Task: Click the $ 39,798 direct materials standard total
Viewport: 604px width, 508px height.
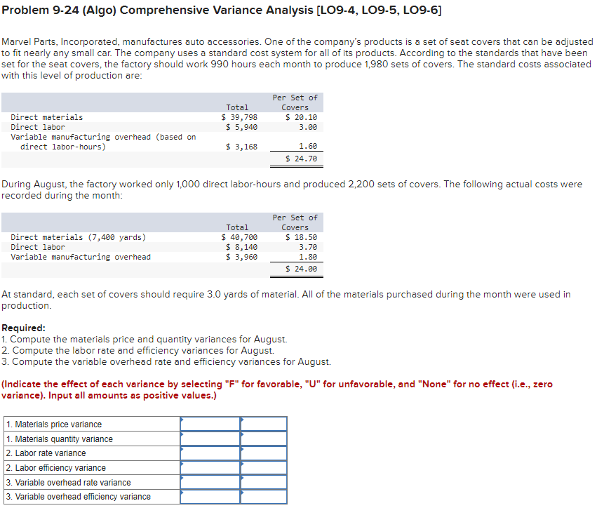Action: [239, 117]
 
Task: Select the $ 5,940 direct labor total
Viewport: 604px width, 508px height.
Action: [241, 127]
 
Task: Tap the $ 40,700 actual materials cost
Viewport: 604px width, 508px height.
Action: [239, 237]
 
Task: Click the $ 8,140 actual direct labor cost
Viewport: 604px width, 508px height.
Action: [241, 247]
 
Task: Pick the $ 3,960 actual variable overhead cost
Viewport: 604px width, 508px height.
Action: [241, 257]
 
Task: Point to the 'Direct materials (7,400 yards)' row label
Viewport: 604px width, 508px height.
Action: [79, 237]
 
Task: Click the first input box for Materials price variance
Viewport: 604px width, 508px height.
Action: [210, 424]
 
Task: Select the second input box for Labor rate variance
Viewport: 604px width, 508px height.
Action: [264, 453]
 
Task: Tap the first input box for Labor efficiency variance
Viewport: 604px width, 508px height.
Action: [210, 468]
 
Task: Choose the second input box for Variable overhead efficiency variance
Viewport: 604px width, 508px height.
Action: [264, 497]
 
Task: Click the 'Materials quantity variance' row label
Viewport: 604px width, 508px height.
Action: [59, 439]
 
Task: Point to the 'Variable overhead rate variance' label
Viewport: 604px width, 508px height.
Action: [68, 483]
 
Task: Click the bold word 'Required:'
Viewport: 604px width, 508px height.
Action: [24, 328]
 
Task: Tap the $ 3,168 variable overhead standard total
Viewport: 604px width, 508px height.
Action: [241, 147]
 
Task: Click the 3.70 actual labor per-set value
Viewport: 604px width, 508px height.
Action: [307, 247]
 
